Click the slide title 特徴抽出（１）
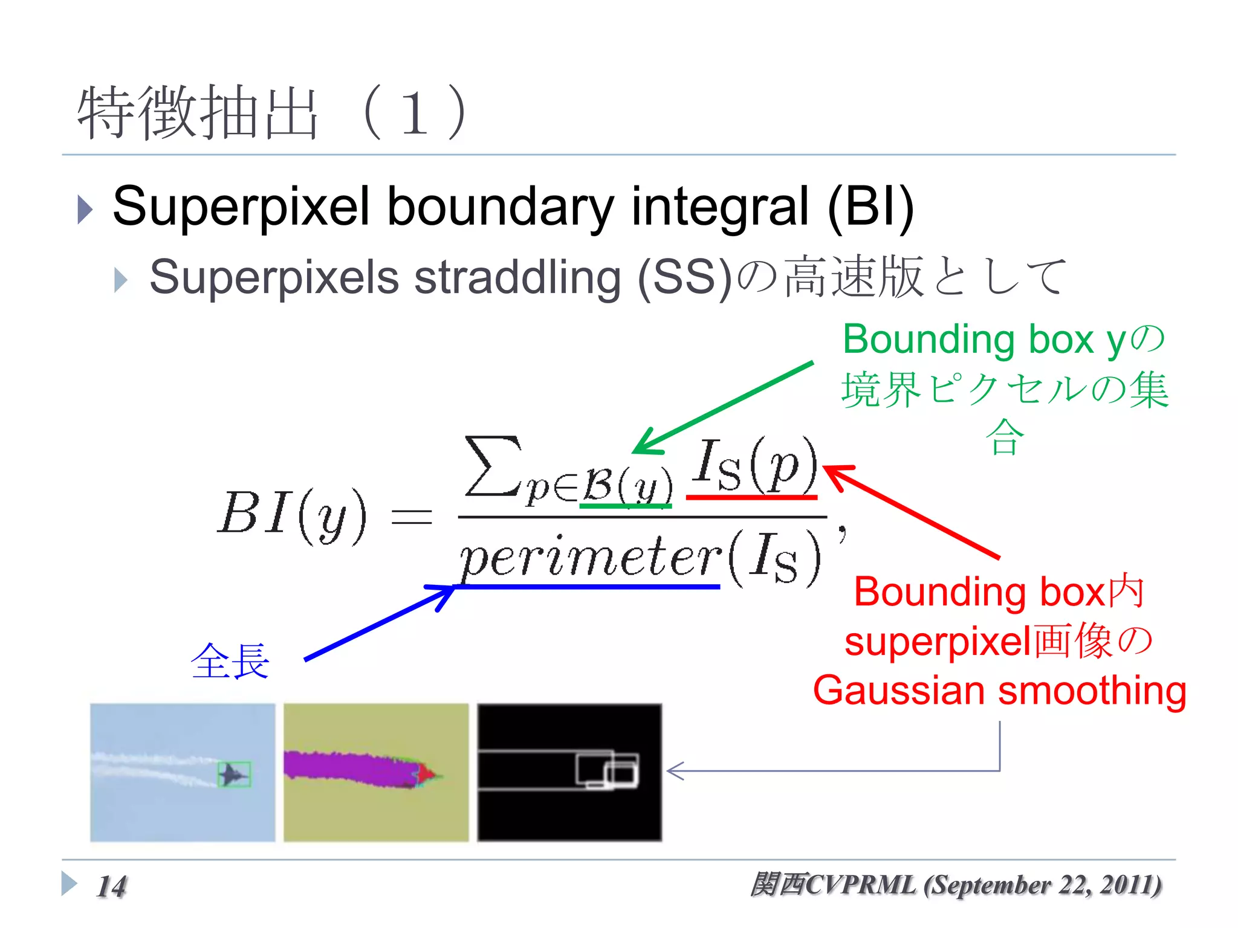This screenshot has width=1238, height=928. pos(272,113)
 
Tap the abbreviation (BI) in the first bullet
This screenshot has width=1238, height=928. pos(870,207)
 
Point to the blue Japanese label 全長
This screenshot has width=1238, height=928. pos(230,661)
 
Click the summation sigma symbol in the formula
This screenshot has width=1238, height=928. pos(493,466)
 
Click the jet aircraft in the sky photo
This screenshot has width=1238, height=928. pos(233,774)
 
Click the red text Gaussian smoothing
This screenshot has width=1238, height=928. pos(999,690)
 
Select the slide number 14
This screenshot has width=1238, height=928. pos(112,886)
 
